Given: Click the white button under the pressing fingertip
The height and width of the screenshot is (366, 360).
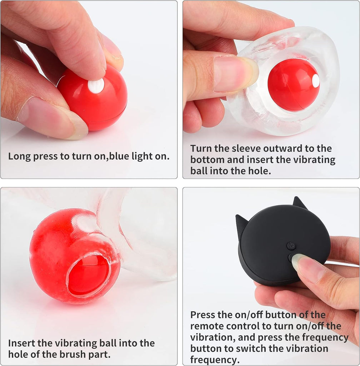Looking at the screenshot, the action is pyautogui.click(x=96, y=86).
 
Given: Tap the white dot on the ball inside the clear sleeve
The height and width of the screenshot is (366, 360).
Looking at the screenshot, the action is pyautogui.click(x=316, y=81).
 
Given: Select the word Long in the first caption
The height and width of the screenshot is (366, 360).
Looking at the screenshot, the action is pyautogui.click(x=19, y=157).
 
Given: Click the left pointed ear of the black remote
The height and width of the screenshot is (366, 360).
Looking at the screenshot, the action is pyautogui.click(x=240, y=224).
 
